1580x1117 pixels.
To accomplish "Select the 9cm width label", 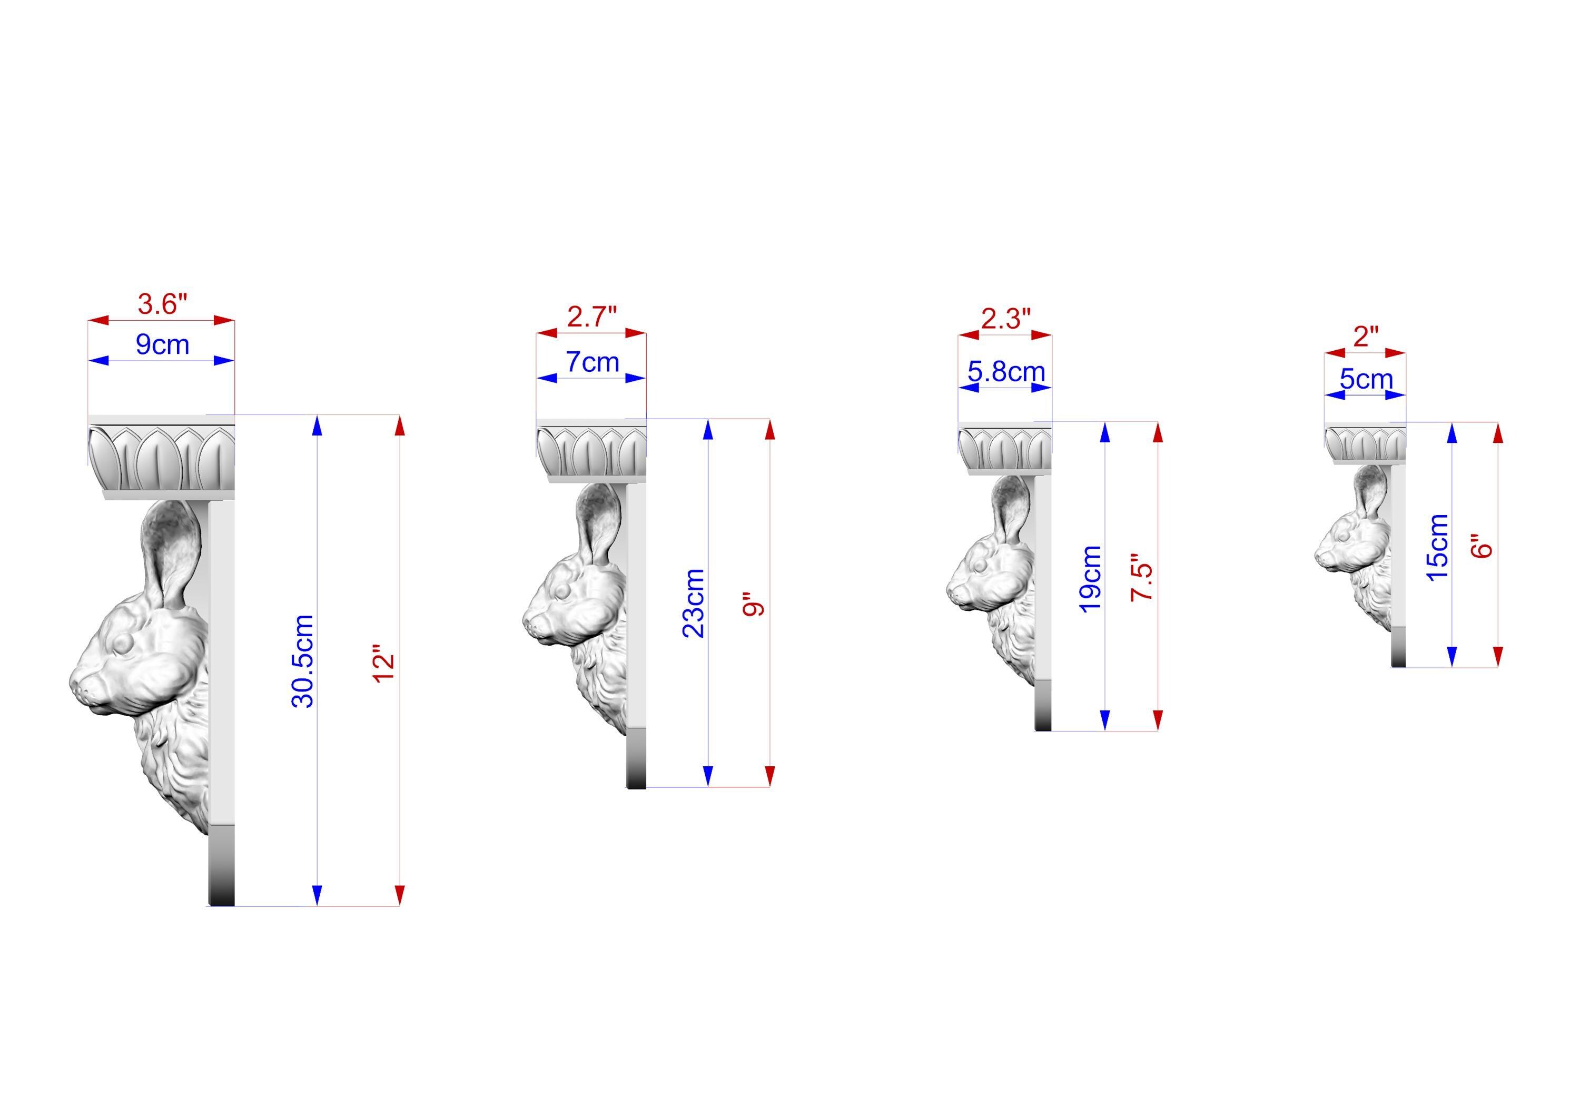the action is (162, 344).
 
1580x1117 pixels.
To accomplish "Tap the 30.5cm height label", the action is (303, 661).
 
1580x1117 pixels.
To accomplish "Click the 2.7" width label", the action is (592, 317).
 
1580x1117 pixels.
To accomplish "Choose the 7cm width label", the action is (592, 362).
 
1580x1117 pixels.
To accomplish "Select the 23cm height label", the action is (694, 604).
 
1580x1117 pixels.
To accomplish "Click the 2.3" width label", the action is (1006, 319).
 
